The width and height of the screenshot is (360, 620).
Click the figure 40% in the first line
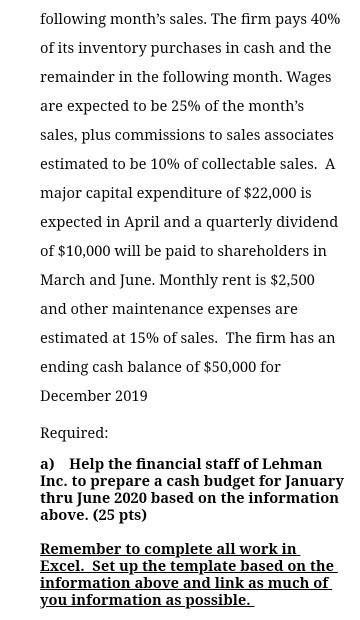coord(324,19)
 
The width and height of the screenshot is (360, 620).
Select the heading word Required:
coord(74,433)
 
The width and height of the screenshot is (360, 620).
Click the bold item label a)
coord(47,464)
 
